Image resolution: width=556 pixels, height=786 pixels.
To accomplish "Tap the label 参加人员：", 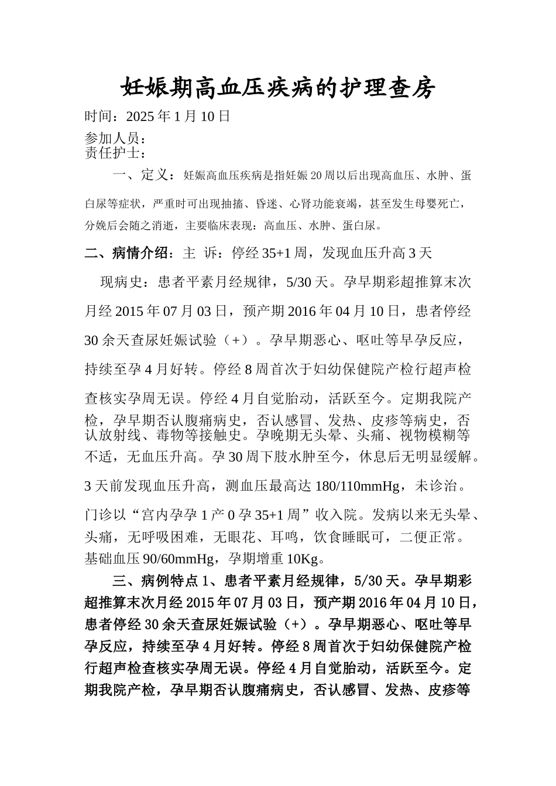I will (115, 139).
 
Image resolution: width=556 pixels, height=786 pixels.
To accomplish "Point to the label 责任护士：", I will (115, 153).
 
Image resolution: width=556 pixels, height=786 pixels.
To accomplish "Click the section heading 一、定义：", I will (143, 175).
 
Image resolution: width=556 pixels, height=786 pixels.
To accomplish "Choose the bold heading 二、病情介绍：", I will (129, 253).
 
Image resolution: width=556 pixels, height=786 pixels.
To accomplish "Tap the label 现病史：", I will (129, 282).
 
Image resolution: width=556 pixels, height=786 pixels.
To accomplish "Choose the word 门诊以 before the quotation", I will (107, 515).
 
